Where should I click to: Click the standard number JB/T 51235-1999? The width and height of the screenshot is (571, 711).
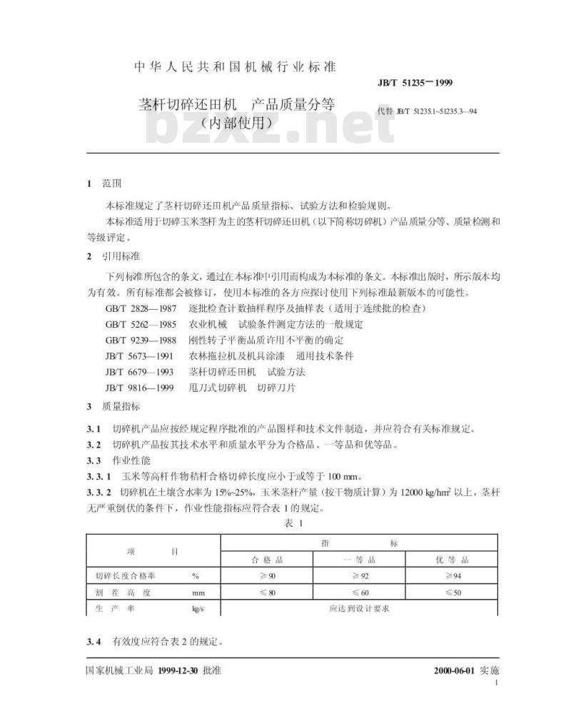(x=415, y=84)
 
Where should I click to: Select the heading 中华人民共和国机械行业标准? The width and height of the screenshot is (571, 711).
(x=236, y=67)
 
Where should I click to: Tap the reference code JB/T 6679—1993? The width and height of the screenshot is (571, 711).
(x=136, y=371)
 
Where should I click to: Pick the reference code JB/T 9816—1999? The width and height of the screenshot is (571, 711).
(x=136, y=388)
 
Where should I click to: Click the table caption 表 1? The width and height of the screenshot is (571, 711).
(x=293, y=524)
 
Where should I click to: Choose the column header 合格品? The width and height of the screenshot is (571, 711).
(x=268, y=560)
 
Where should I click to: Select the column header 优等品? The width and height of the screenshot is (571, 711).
(x=453, y=560)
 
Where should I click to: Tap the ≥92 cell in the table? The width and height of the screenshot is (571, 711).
(x=360, y=575)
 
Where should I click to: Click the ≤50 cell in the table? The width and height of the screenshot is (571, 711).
(x=453, y=592)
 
